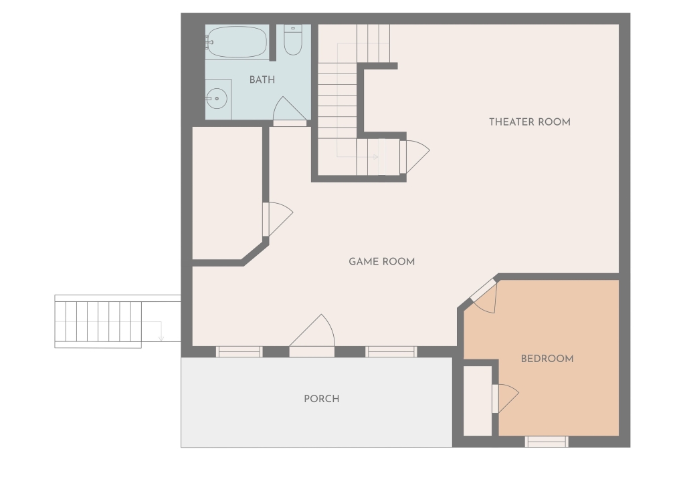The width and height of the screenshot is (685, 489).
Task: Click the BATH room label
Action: point(262,79)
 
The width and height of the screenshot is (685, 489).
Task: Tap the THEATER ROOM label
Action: point(530,122)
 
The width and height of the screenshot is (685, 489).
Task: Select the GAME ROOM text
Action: point(382,262)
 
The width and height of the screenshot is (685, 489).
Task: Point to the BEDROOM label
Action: point(547,359)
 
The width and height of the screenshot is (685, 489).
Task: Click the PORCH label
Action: point(322,399)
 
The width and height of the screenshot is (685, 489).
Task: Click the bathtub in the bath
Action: point(236,42)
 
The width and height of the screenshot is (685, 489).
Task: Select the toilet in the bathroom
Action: point(293,39)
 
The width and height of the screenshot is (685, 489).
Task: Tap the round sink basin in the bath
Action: point(217,99)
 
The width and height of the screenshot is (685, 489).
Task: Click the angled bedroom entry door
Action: point(484,297)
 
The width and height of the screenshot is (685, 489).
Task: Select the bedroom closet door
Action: point(506,398)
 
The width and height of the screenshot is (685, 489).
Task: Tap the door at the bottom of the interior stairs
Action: point(415,157)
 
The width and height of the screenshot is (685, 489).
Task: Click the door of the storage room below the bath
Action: point(278,219)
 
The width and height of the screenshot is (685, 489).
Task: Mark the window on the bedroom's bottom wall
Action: point(547,442)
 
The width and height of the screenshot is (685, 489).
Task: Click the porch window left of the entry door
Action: point(239,352)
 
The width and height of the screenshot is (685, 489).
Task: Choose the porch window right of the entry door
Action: point(391,352)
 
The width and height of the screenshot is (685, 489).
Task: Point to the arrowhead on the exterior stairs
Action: point(161,339)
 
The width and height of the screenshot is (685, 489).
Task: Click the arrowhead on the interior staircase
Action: point(375,156)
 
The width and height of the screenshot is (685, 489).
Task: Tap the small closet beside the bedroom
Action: point(478,401)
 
